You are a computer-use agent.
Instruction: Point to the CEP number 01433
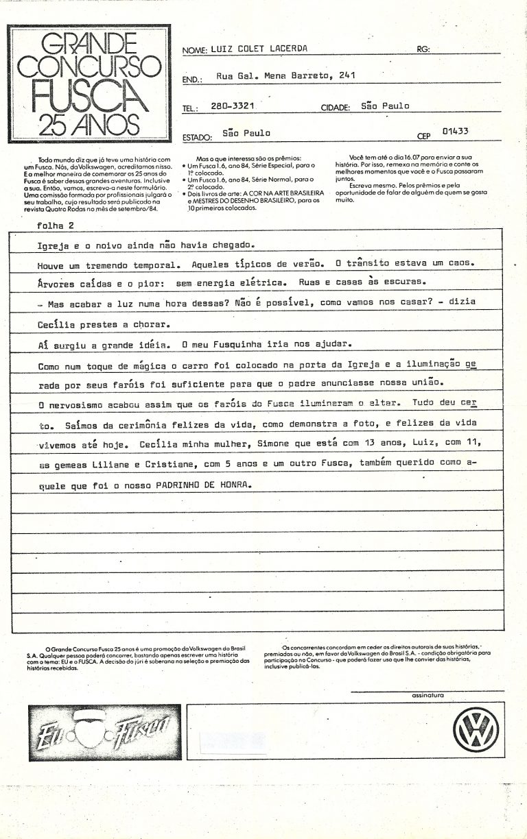point(456,130)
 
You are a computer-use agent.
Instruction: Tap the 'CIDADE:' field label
point(336,108)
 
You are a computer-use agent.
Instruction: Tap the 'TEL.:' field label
point(191,108)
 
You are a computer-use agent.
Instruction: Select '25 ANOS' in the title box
point(86,123)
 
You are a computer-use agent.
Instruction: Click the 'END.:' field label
point(192,80)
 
